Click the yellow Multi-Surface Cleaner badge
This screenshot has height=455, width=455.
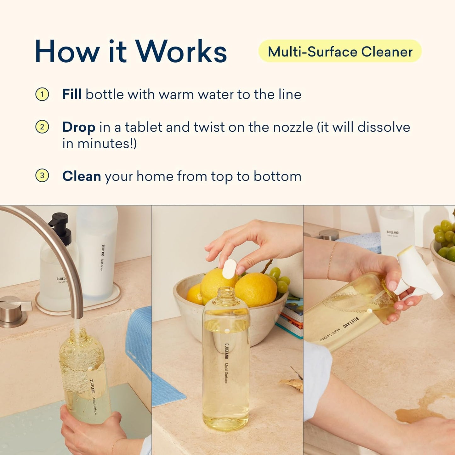340,51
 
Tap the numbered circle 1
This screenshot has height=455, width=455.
42,94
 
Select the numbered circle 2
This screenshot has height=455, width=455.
42,127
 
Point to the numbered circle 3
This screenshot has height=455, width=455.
42,176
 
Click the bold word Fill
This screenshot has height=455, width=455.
72,94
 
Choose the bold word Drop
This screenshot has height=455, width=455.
79,127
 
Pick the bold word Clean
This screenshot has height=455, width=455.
82,176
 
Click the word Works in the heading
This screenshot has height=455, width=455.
181,51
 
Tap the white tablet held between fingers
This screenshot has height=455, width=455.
230,269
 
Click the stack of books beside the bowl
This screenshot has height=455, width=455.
291,318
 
